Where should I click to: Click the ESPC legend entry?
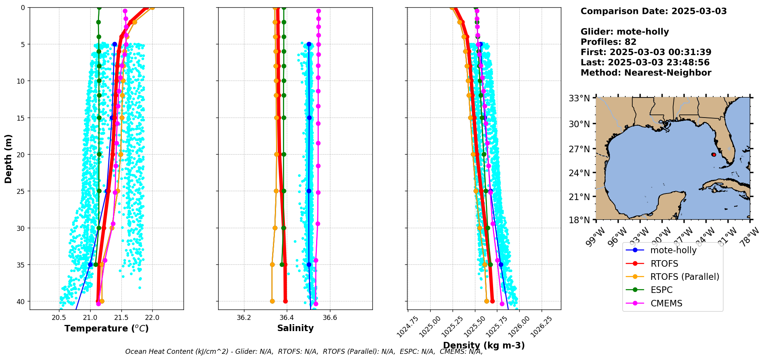tap(661, 290)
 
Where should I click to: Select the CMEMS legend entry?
tap(666, 303)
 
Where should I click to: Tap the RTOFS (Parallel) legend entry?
tap(684, 277)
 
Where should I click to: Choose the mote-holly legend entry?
tap(673, 250)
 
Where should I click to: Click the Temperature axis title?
tap(106, 328)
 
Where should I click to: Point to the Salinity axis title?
tap(295, 328)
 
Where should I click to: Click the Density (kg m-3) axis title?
tap(484, 345)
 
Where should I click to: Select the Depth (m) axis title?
tap(8, 158)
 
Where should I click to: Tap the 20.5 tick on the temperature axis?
tap(59, 318)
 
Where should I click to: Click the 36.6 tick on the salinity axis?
tap(330, 318)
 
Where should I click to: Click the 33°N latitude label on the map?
tap(579, 98)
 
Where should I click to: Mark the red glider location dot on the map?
tap(714, 155)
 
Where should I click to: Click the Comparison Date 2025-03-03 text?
tap(653, 11)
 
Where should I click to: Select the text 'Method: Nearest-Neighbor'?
tap(646, 73)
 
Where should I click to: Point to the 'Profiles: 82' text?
tap(608, 42)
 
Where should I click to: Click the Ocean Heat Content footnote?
tap(304, 352)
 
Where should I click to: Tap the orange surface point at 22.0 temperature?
tap(152, 7)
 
